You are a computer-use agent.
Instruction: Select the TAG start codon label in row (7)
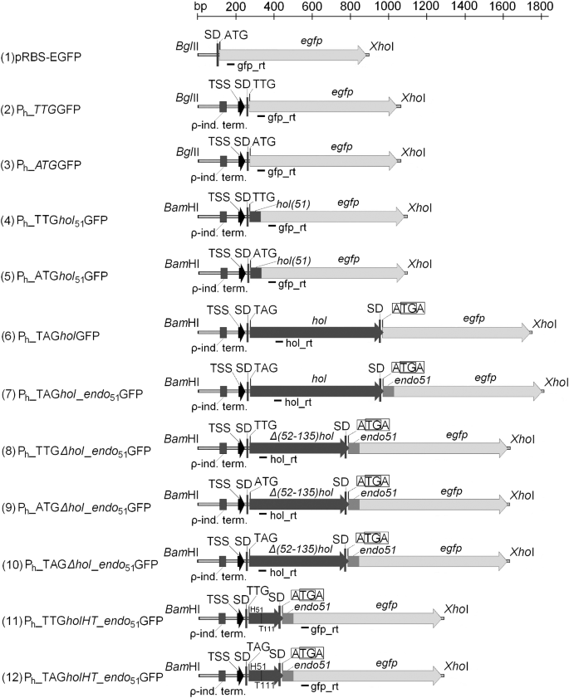point(266,367)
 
